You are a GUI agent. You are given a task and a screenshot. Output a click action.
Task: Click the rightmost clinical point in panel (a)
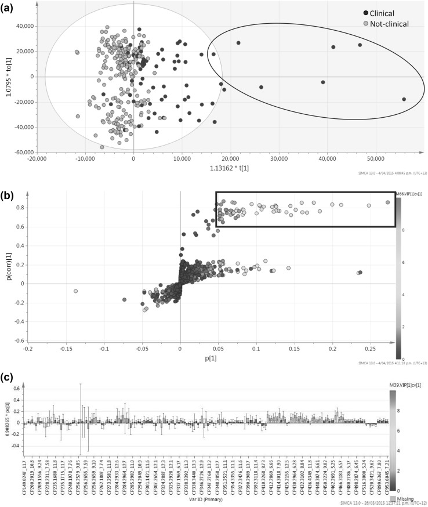404,99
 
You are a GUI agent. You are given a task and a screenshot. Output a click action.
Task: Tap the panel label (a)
8,6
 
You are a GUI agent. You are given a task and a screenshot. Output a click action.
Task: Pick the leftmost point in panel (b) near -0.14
75,291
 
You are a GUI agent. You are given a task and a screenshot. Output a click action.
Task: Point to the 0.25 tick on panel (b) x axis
370,349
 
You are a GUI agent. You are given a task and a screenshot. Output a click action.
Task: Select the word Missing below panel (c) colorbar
408,497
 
